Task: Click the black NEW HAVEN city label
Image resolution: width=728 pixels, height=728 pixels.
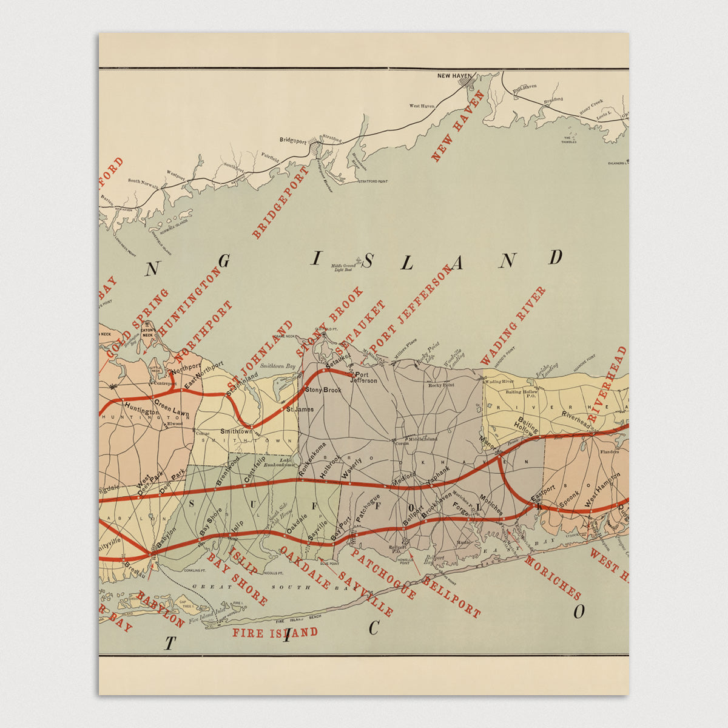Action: tap(454, 76)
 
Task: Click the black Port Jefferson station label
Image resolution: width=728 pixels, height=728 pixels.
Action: tap(366, 377)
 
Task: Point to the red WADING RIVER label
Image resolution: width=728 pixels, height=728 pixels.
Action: tap(513, 326)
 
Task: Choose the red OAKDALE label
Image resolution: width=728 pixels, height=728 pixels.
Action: tap(305, 568)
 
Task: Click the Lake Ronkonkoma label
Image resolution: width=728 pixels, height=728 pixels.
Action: tap(278, 462)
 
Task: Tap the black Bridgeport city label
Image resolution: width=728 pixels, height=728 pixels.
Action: tap(293, 140)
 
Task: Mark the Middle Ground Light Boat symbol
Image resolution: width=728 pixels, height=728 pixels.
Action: tap(359, 261)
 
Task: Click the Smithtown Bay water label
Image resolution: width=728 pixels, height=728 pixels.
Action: tap(277, 366)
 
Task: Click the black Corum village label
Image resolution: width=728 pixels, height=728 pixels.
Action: tap(402, 443)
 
